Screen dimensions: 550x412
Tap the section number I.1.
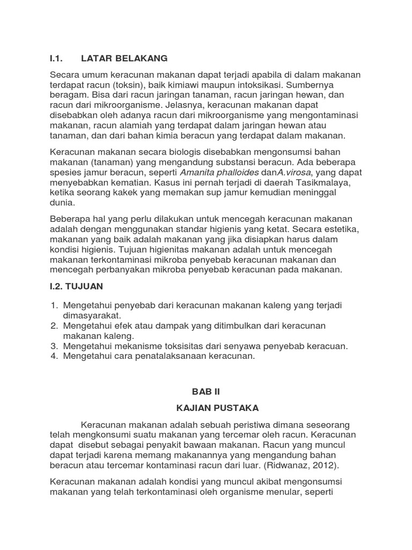57,58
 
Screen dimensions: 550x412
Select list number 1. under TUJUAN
54,305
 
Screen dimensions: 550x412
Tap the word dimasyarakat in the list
92,315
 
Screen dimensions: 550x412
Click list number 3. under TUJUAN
54,346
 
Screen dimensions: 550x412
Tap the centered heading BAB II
206,392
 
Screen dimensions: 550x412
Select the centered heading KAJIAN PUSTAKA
206,409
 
